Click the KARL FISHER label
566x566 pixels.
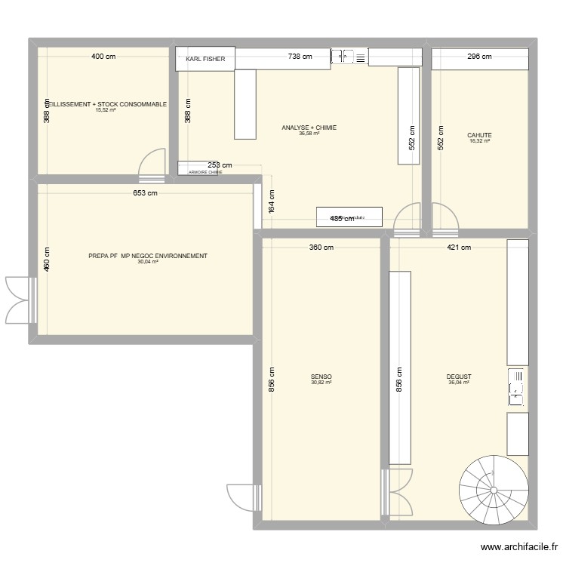click(x=205, y=58)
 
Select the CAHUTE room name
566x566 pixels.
click(x=479, y=136)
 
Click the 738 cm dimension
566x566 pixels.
click(x=300, y=57)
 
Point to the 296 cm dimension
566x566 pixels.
click(x=479, y=57)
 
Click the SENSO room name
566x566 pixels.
click(x=321, y=377)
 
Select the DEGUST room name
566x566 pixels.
click(x=458, y=377)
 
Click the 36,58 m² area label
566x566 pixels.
click(x=309, y=134)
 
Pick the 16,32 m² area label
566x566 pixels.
click(x=479, y=142)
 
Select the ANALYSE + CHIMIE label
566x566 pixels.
click(x=309, y=128)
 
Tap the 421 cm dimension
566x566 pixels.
click(x=458, y=248)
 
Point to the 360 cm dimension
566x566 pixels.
click(x=321, y=248)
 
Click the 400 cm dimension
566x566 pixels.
click(x=104, y=57)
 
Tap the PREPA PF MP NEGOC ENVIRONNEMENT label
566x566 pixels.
click(x=148, y=256)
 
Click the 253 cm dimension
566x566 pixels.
click(x=219, y=165)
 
